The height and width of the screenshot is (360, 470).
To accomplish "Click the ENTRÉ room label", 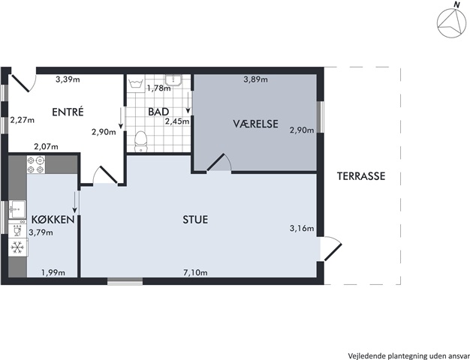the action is [x=68, y=112].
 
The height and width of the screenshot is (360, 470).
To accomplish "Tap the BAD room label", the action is [x=158, y=112].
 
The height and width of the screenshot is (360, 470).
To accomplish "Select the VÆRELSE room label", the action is [x=256, y=124].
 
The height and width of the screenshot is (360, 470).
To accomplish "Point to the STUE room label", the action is [x=195, y=220].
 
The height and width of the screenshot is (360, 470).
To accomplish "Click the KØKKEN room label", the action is [x=53, y=220].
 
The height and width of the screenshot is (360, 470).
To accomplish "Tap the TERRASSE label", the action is [x=361, y=176].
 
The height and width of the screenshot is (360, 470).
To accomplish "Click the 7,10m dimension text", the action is [x=195, y=272].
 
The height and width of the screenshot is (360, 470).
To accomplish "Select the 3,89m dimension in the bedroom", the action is [x=256, y=79].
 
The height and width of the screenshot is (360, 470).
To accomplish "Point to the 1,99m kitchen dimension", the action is [x=53, y=272].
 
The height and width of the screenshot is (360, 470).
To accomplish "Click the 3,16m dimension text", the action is [x=302, y=229].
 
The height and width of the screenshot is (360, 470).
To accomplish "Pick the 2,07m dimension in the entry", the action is [x=46, y=147].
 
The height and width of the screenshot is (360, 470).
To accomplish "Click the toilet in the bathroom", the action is [x=140, y=141].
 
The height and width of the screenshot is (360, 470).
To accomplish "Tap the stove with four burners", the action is [x=36, y=164].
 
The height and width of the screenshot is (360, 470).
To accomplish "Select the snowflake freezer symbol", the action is [x=17, y=247].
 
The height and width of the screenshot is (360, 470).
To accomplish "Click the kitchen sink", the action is [x=17, y=210].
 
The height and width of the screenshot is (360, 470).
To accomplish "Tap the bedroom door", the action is [x=218, y=163].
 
